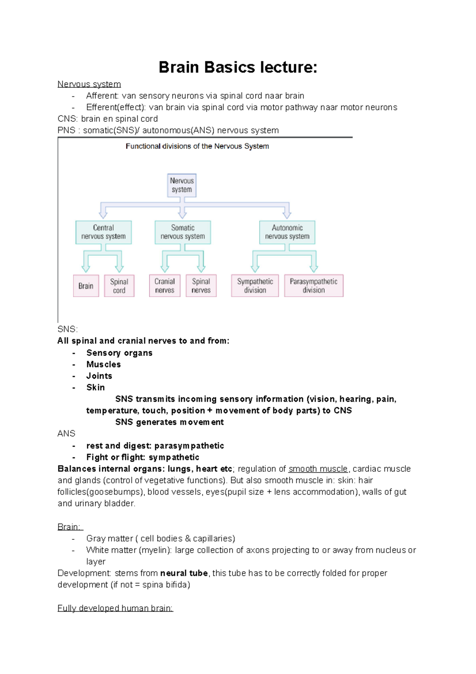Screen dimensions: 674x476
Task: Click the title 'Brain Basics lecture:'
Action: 238,67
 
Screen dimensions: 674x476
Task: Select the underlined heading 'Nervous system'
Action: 89,84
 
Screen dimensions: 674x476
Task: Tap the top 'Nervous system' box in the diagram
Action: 182,185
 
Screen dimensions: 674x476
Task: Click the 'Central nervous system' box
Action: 104,232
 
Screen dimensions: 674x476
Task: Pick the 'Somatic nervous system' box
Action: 182,232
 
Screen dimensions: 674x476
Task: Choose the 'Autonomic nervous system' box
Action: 287,232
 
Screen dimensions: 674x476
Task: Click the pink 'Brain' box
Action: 86,286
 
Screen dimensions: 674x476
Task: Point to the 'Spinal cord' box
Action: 119,286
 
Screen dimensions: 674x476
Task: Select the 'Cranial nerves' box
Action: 165,286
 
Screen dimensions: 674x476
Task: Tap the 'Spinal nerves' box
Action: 201,286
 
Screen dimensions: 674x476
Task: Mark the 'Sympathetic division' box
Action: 255,286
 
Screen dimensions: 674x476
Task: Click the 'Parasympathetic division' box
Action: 313,286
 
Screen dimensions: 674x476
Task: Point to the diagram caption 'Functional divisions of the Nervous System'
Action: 197,146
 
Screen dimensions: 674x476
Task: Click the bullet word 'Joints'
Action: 99,376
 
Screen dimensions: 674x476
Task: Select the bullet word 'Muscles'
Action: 104,364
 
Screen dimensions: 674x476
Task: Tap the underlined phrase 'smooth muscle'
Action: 318,469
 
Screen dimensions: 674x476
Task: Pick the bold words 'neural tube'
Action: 184,573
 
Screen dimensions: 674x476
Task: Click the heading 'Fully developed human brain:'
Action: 115,608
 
